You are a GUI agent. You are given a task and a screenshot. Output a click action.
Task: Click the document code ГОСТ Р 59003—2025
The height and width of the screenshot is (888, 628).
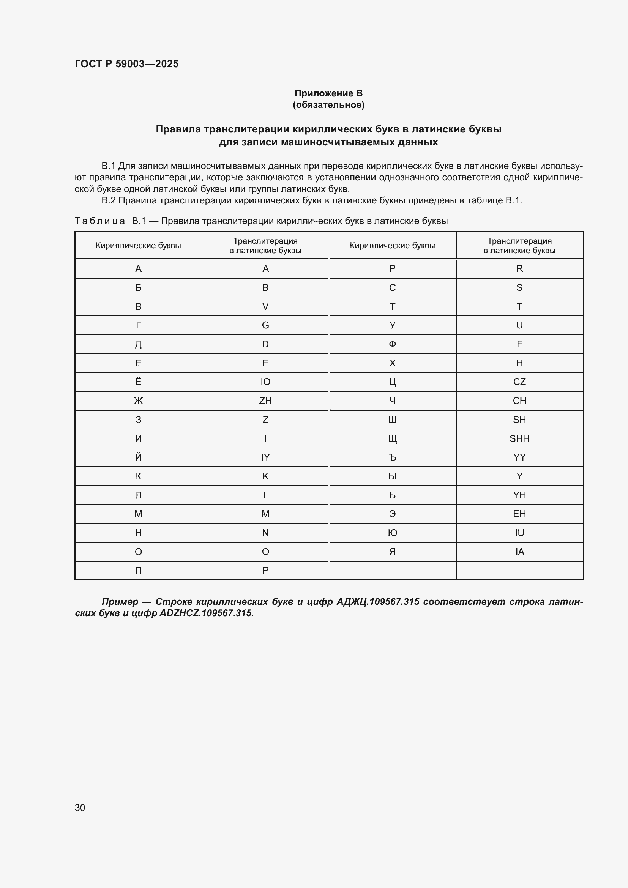click(x=126, y=64)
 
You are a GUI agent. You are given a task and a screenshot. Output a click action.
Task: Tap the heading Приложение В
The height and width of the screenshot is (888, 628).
click(x=328, y=93)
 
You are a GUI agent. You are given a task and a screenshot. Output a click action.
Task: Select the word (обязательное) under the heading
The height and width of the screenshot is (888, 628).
click(x=328, y=105)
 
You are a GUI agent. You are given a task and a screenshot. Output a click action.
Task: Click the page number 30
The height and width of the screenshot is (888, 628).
click(x=80, y=808)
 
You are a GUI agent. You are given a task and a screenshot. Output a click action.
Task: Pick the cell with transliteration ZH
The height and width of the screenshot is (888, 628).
click(x=265, y=401)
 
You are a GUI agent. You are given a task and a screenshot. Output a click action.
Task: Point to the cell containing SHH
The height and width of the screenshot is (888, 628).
click(x=519, y=438)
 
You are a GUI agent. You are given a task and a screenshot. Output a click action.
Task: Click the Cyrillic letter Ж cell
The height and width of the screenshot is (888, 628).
click(x=139, y=401)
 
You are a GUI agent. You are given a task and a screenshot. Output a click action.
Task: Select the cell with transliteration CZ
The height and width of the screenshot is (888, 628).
click(x=519, y=382)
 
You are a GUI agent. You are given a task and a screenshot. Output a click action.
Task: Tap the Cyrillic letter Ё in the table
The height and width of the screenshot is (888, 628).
click(x=139, y=382)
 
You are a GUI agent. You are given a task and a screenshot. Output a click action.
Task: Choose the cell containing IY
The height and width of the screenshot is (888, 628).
click(x=265, y=457)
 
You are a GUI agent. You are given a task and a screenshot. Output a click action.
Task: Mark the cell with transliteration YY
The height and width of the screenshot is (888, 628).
click(x=519, y=457)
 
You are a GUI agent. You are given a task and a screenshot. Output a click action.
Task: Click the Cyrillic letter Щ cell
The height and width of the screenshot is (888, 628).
click(x=393, y=438)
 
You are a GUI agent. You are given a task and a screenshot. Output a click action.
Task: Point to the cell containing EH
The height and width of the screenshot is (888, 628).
click(x=519, y=514)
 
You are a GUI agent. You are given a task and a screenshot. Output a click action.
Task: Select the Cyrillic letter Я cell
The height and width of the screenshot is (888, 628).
click(x=393, y=552)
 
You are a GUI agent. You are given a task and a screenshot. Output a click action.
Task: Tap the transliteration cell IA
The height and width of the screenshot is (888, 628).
click(x=519, y=552)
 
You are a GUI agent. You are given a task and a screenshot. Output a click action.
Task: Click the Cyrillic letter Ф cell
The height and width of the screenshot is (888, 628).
click(x=393, y=344)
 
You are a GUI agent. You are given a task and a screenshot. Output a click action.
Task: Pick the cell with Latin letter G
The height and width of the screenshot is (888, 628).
click(x=265, y=325)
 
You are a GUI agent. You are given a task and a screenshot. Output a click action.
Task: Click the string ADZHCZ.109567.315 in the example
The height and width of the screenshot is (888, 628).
click(x=207, y=613)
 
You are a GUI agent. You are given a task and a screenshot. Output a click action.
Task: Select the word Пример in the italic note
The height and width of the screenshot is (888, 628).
click(x=120, y=601)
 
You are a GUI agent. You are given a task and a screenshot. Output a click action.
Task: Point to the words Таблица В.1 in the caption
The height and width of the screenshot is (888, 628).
click(x=110, y=221)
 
